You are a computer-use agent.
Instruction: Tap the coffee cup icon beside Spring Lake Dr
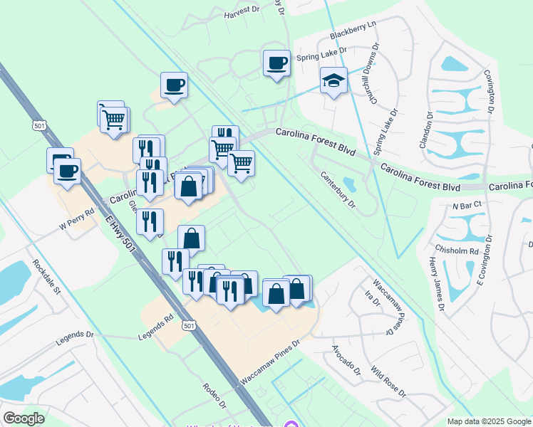point(276,63)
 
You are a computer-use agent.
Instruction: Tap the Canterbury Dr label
point(338,189)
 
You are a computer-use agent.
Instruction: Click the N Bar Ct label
point(467,204)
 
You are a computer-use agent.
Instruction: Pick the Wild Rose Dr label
point(388,382)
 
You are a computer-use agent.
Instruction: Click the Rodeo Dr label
point(214,398)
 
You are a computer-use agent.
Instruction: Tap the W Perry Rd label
point(76,221)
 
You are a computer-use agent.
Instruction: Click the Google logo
point(24,418)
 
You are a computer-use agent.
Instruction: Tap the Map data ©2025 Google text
point(488,421)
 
